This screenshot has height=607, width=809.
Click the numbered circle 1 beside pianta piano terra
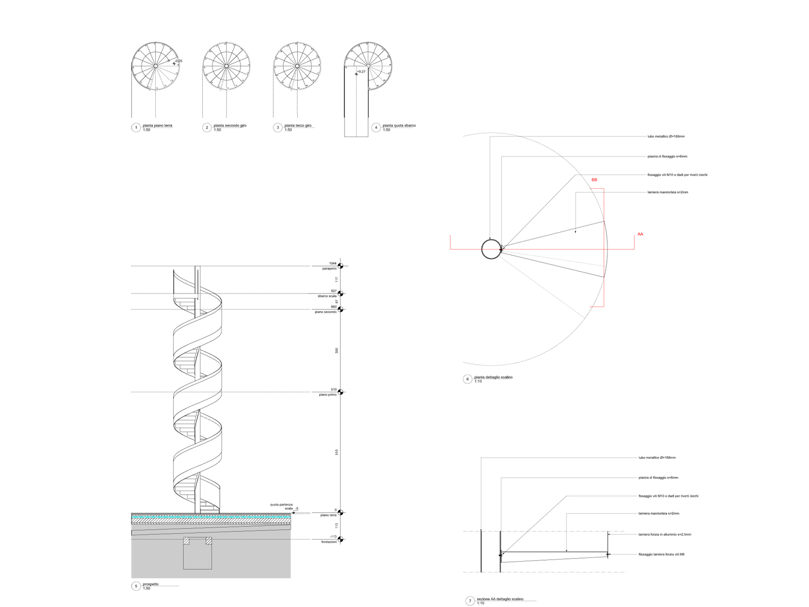pos(136,128)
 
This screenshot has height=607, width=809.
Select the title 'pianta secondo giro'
pos(230,126)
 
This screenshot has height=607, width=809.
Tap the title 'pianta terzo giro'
pos(298,126)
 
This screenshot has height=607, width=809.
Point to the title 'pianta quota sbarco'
pos(399,126)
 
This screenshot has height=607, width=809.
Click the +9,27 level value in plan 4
pos(361,72)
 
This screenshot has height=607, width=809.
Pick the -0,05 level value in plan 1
pos(179,61)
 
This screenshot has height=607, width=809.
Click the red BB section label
pos(594,180)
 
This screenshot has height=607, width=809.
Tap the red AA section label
pos(640,234)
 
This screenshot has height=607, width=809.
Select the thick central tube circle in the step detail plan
pos(491,249)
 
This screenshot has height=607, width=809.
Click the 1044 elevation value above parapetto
pos(333,263)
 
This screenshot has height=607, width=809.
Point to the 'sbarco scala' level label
pos(327,296)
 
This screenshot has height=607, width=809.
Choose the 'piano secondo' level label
pos(326,312)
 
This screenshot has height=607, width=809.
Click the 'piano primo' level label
pos(327,395)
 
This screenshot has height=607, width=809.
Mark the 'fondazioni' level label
pos(328,542)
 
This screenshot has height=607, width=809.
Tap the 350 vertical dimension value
pos(337,351)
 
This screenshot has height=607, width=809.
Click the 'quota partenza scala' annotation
pos(282,507)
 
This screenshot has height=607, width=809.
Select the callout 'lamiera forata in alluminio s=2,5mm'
pos(664,535)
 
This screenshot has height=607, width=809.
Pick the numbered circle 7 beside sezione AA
pos(470,601)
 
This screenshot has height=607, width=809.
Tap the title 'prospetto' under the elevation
pos(150,584)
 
